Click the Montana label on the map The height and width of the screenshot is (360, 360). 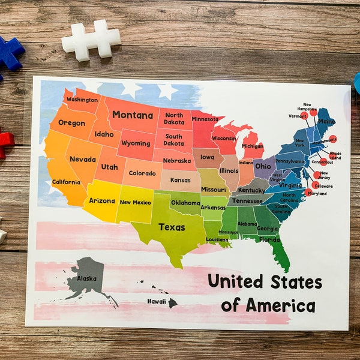133,115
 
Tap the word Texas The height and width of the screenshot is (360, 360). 172,227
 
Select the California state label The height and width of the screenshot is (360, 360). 66,182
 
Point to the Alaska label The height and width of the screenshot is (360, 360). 86,279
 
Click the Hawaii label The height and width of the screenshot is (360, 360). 157,301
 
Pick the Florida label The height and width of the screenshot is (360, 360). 269,239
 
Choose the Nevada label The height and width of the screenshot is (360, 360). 82,159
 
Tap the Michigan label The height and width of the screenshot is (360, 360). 253,146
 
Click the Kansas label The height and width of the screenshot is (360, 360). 180,180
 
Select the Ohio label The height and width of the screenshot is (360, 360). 262,166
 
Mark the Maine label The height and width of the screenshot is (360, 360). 326,122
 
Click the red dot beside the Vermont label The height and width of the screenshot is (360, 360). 305,116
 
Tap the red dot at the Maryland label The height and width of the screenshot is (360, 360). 308,193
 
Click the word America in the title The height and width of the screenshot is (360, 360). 268,304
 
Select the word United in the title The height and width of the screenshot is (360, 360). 235,281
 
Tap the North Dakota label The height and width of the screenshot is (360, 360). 174,119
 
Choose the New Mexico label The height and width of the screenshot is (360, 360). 136,202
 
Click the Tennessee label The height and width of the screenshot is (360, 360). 247,201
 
